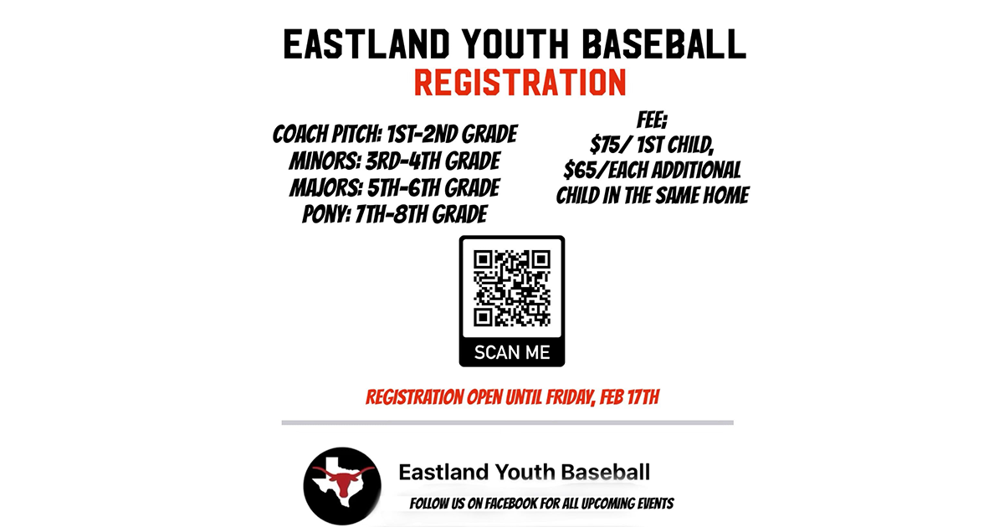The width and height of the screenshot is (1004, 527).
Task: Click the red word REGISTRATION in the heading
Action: point(520,83)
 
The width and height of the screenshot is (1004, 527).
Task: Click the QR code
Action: point(512,289)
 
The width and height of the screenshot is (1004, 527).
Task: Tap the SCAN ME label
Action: point(512,352)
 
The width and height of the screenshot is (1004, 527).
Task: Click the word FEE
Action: point(651,119)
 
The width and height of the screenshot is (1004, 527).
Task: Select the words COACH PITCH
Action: point(317,135)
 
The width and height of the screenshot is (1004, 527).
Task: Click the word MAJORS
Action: point(324,187)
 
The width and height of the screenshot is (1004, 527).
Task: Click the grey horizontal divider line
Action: point(507,422)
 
